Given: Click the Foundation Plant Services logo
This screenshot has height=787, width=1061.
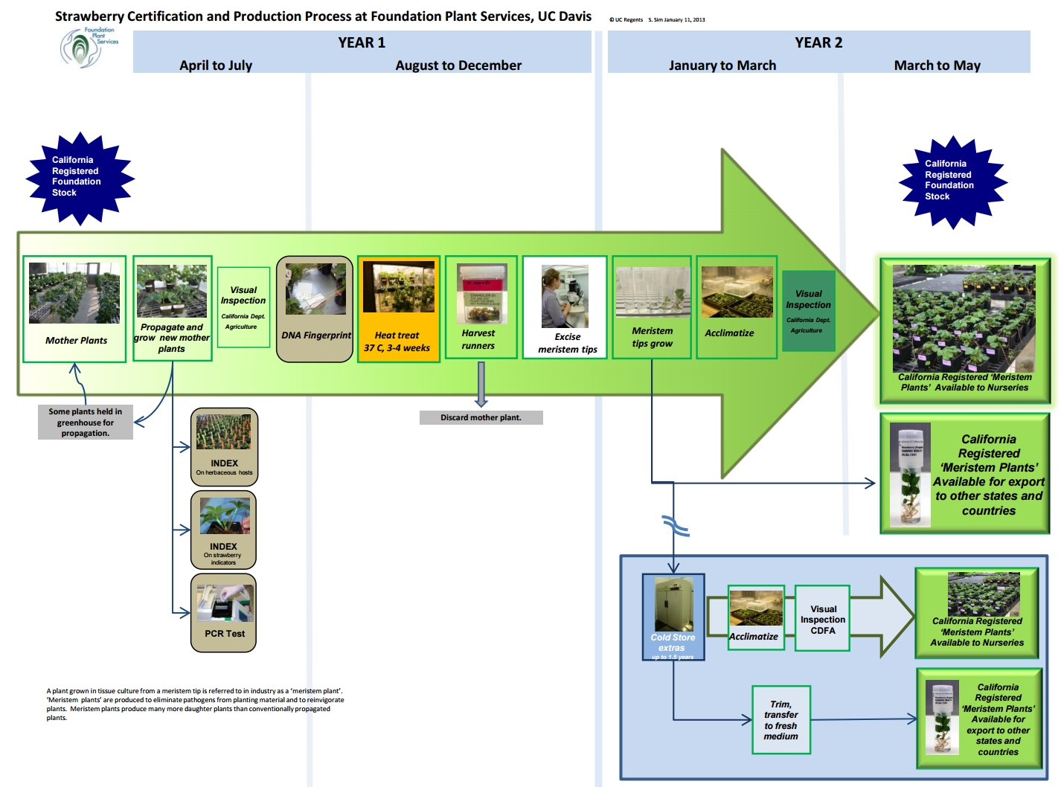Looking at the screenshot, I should [x=89, y=47].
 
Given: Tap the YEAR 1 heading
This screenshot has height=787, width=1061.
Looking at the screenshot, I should [x=362, y=42].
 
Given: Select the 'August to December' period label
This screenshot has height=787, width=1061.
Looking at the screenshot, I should [x=458, y=65].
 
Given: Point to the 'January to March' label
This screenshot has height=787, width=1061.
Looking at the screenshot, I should [x=722, y=65].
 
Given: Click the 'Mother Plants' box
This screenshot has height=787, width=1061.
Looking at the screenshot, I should [x=74, y=309].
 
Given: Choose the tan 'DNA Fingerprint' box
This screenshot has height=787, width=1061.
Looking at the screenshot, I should [x=315, y=309].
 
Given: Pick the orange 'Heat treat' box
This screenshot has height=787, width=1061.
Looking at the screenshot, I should [x=399, y=309].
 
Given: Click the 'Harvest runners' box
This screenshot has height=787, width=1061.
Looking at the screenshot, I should [x=481, y=308].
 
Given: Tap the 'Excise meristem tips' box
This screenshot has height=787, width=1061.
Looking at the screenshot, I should [x=565, y=308].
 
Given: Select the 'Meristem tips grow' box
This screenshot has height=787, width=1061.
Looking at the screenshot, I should [x=653, y=308].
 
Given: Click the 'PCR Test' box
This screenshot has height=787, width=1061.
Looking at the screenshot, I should [x=224, y=613].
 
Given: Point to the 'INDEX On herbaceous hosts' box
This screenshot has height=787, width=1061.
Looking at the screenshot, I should [x=224, y=446].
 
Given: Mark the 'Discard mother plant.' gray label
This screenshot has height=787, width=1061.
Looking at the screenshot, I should [x=481, y=418].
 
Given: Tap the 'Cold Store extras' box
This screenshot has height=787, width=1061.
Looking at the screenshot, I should [x=673, y=617].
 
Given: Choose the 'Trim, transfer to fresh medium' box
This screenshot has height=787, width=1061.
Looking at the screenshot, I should [x=780, y=720].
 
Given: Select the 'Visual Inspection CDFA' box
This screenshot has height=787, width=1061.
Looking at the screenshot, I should [x=822, y=619].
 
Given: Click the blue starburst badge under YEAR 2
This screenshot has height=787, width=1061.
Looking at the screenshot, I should [x=952, y=182].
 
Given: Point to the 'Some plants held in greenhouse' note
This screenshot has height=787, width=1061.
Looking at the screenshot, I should [x=86, y=423].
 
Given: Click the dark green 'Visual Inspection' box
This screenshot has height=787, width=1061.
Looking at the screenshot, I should [x=809, y=311].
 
